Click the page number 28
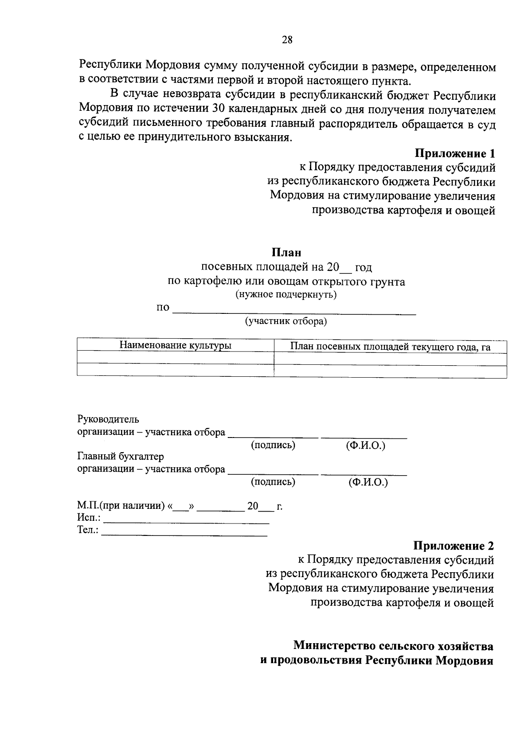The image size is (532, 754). (287, 40)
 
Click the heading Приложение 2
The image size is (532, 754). (454, 546)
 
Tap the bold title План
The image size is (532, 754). (286, 252)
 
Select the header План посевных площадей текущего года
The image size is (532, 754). (390, 347)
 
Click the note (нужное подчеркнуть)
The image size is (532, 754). (286, 294)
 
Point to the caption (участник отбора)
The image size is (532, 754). (286, 321)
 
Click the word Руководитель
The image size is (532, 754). (108, 419)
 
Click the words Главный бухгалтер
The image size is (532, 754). (121, 456)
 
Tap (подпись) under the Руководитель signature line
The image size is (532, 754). (273, 445)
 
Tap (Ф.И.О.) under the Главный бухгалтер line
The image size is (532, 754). (368, 482)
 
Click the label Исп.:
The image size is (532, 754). (89, 517)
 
